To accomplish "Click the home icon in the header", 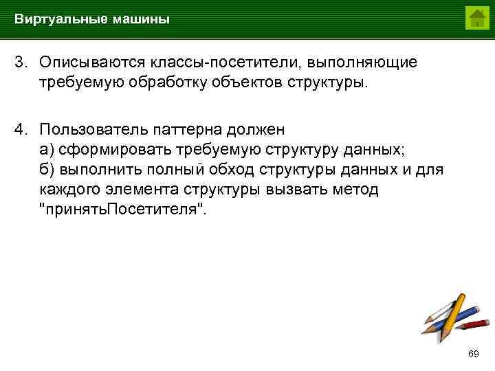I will (x=476, y=18).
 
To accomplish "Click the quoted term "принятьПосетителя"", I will (x=122, y=210).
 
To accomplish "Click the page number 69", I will (x=473, y=354).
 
